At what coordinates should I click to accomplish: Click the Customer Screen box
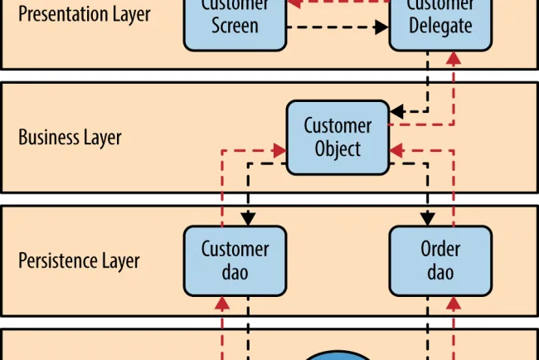(x=235, y=23)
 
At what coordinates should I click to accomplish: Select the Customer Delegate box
(x=440, y=23)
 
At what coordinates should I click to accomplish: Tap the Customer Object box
(x=337, y=138)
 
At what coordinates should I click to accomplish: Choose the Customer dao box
(x=235, y=260)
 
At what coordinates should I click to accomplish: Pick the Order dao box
(x=440, y=260)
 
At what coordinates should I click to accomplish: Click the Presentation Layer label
(x=85, y=14)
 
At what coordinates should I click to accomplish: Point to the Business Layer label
(x=70, y=138)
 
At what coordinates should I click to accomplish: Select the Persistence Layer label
(x=79, y=261)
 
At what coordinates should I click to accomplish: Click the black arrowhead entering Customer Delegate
(x=381, y=27)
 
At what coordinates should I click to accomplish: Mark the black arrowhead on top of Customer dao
(x=248, y=219)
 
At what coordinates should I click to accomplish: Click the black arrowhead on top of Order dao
(x=427, y=219)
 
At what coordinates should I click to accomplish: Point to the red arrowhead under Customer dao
(x=222, y=303)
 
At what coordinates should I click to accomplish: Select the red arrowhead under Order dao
(x=454, y=303)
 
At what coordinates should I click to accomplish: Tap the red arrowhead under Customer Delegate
(x=454, y=58)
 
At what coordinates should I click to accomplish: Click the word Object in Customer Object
(x=337, y=149)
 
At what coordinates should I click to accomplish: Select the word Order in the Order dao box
(x=440, y=250)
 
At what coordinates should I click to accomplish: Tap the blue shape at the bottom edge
(x=337, y=354)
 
